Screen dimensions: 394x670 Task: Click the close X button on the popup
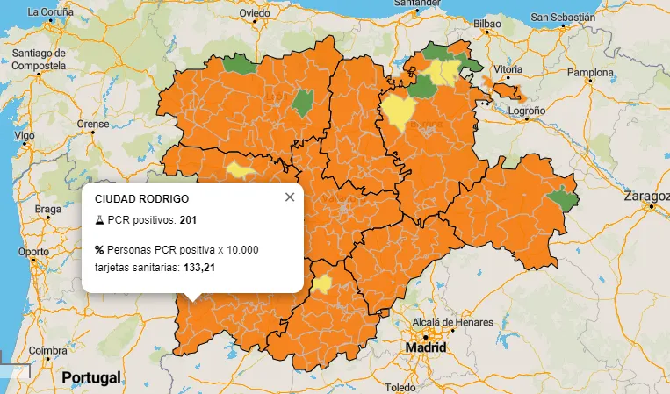click(x=290, y=197)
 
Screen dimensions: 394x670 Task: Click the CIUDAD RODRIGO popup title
click(x=141, y=199)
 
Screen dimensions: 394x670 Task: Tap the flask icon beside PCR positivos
click(x=99, y=218)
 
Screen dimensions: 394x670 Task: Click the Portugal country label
click(x=91, y=378)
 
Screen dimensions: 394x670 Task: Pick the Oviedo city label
click(x=255, y=13)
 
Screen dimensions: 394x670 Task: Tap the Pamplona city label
click(x=590, y=71)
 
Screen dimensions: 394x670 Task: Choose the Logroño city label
click(x=527, y=111)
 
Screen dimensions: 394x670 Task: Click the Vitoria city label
click(x=508, y=68)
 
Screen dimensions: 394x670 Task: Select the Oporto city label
click(x=34, y=251)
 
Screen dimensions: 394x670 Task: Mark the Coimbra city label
click(x=47, y=351)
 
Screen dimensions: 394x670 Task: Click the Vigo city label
click(x=25, y=136)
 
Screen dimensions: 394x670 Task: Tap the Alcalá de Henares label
click(x=436, y=321)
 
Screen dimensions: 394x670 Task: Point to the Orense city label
click(x=93, y=124)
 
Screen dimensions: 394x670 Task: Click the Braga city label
click(x=48, y=209)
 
